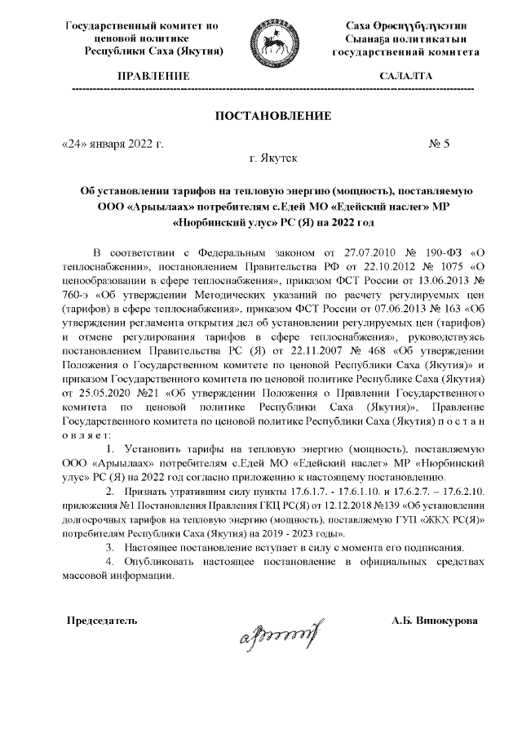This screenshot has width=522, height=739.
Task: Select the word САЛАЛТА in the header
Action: tap(405, 77)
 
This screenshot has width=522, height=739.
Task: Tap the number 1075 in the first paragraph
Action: tap(440, 266)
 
